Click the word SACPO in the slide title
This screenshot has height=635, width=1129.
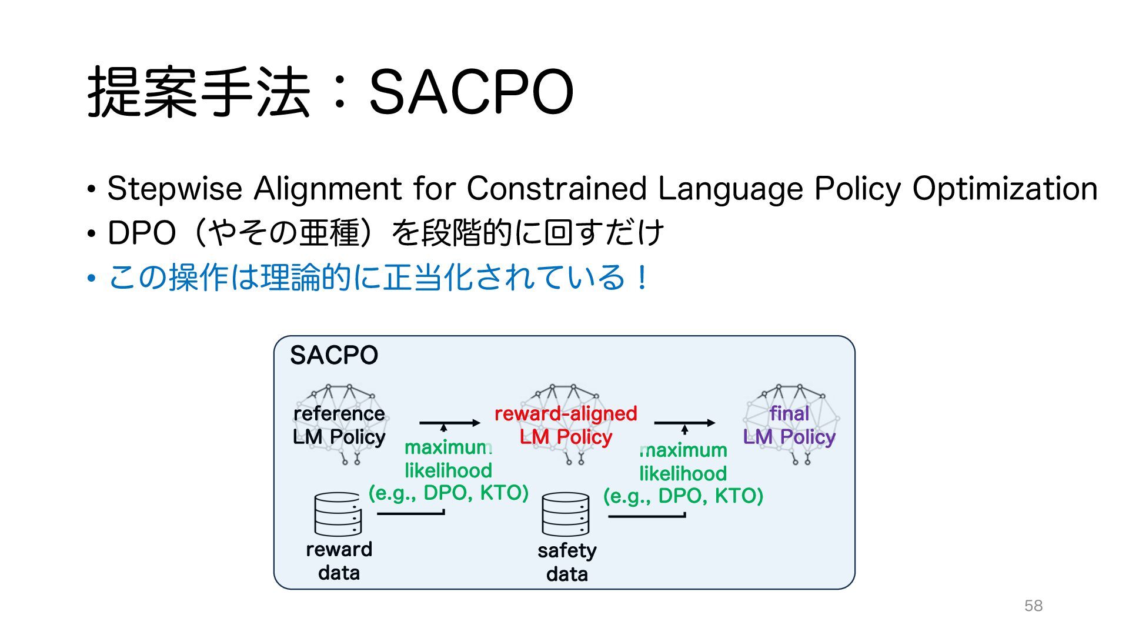pos(471,92)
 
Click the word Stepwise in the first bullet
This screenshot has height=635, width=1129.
pos(175,189)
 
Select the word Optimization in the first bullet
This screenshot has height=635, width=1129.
pos(1005,189)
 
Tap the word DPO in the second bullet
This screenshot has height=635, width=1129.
pos(142,233)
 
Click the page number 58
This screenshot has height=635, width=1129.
pos(1033,606)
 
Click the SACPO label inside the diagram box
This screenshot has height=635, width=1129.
pos(334,355)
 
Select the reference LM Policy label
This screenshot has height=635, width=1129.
pos(339,425)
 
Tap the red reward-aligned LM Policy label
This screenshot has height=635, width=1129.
pos(566,425)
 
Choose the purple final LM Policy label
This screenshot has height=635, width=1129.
pos(789,425)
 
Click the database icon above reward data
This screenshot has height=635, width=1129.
pos(338,514)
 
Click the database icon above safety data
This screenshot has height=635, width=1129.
pos(566,514)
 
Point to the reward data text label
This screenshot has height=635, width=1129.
pos(339,561)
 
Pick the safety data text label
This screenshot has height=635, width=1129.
pos(567,562)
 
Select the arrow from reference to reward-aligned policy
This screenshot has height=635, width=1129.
pos(450,423)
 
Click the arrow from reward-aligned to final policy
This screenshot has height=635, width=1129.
pos(684,423)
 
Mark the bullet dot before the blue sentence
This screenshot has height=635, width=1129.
pos(91,278)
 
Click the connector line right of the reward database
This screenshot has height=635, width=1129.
pos(410,514)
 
